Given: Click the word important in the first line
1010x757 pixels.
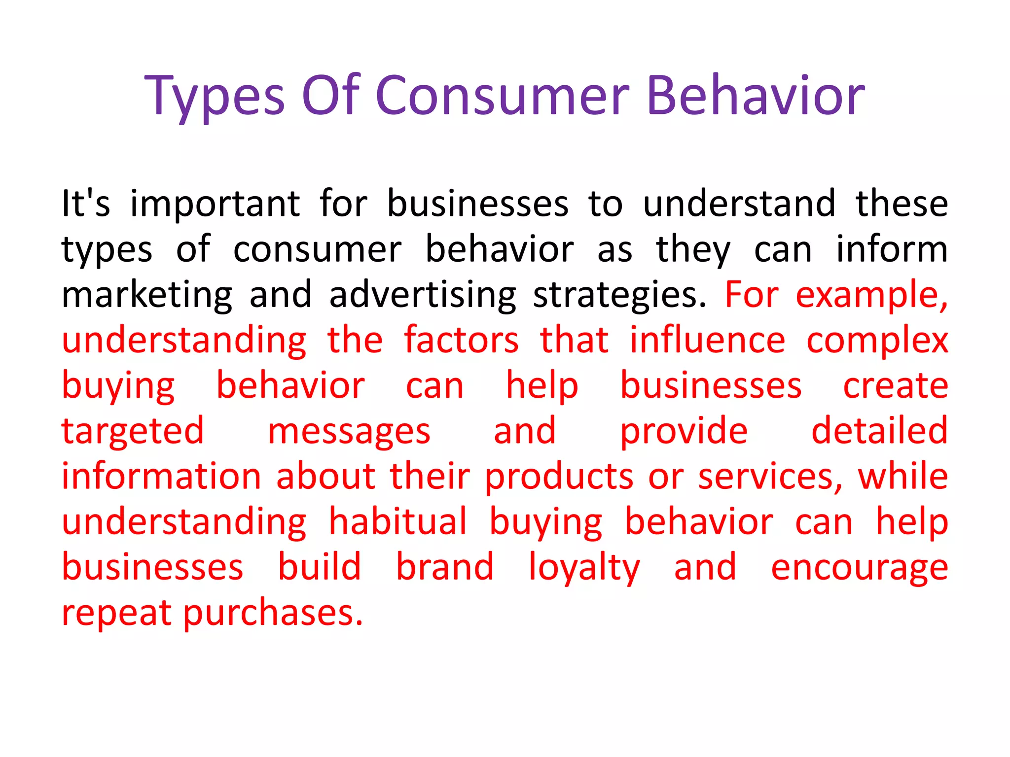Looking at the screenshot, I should [215, 204].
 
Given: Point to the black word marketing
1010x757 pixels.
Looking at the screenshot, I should [147, 295].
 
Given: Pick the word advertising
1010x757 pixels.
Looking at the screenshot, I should [423, 295].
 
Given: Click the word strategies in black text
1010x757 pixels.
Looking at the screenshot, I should [619, 295].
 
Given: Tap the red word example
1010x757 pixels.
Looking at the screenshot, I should [871, 295].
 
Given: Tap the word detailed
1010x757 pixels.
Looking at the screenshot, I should [879, 431].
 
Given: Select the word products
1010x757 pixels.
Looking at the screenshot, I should [559, 477].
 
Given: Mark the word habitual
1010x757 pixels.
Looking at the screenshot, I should [397, 522].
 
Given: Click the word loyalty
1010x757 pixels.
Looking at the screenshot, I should [584, 568].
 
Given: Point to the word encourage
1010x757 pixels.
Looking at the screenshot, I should [859, 568].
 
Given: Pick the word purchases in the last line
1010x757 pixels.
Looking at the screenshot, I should [273, 614].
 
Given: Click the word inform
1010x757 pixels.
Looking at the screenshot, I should [892, 249].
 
